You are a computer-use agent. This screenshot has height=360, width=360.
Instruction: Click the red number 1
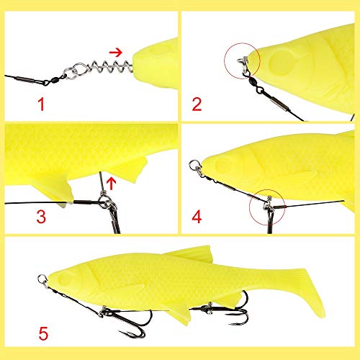coord(41,104)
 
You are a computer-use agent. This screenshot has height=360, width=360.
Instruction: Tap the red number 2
coord(197,104)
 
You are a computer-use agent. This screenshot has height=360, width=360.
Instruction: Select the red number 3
coord(41,216)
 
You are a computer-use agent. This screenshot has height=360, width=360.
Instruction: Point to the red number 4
coord(197,216)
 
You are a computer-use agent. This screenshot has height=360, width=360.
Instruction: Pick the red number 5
coord(43,333)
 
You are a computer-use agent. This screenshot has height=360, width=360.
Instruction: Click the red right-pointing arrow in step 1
coord(116,52)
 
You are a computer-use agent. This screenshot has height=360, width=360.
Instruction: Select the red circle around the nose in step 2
coord(242,43)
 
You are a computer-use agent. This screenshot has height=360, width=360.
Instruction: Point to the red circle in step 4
coord(267,189)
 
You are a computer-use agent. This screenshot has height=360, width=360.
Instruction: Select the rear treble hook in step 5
coord(228,310)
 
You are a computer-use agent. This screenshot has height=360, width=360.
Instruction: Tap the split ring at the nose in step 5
coord(42,275)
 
